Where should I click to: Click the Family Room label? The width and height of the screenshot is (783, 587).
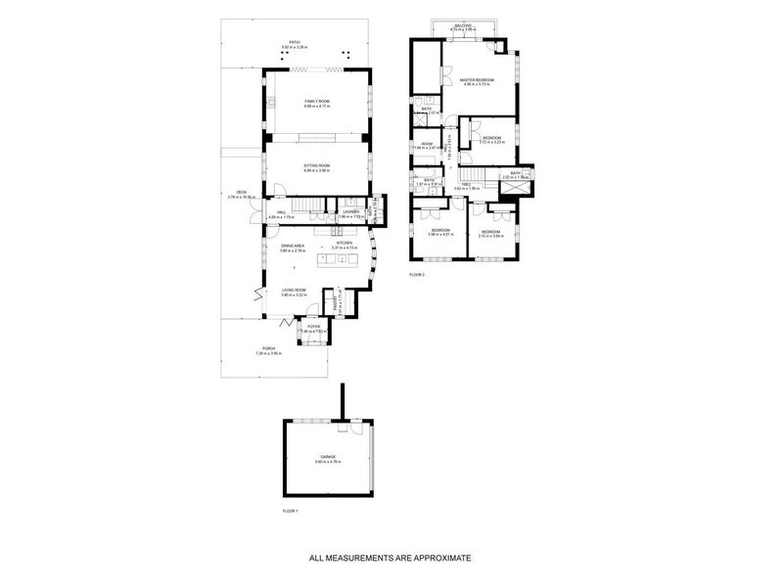[x=317, y=102]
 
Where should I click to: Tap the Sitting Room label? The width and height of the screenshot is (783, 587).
[x=317, y=166]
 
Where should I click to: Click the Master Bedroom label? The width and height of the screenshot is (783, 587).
[x=479, y=79]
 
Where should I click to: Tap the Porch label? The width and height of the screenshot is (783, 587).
[x=267, y=348]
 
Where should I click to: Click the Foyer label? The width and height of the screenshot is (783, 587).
[x=314, y=327]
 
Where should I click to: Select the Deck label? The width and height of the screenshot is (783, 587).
[x=241, y=192]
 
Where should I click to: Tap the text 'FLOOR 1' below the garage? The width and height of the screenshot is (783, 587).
[x=289, y=511]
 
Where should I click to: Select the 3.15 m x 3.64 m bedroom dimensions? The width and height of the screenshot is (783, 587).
[x=490, y=236]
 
